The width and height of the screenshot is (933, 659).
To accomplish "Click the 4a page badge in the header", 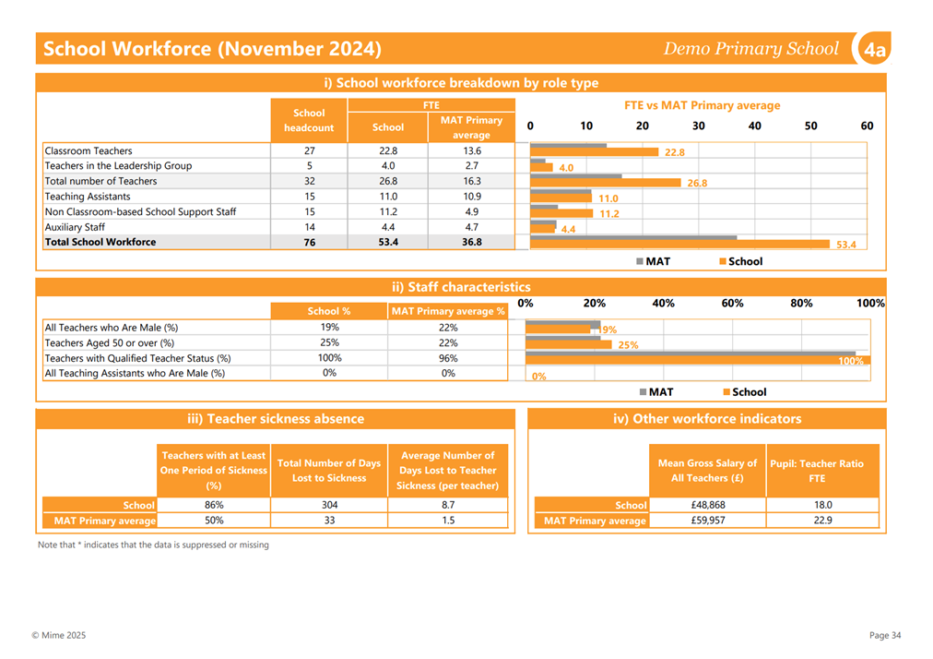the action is (874, 49).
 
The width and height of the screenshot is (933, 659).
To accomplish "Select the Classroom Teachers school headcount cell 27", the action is (310, 150).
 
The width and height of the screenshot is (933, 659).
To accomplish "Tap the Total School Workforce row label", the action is (100, 242).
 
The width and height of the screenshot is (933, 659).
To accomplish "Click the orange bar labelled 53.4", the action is (679, 245).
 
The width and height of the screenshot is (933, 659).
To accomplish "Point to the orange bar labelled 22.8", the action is (594, 152).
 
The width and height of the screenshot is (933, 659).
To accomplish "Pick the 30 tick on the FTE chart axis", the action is (699, 126).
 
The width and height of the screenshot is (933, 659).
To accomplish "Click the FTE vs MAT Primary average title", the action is (703, 105).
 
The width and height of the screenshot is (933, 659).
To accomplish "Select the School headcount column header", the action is (309, 120).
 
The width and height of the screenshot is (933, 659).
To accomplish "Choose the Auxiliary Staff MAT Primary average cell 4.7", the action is (472, 227).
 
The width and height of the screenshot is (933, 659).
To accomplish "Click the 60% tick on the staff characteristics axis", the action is (732, 304).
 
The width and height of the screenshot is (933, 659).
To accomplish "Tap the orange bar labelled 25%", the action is (568, 344).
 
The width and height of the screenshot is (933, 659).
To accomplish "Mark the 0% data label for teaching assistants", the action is (539, 377).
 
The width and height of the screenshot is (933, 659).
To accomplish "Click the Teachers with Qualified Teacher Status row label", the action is (138, 358).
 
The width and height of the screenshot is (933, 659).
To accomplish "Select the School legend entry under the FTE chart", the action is (741, 261).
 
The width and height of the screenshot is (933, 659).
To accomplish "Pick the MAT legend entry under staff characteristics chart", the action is (656, 392).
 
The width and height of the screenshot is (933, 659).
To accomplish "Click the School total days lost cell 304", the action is (329, 505).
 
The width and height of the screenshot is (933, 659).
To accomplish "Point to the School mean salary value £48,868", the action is (707, 505).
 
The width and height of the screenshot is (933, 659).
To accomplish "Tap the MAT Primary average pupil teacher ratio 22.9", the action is (823, 521).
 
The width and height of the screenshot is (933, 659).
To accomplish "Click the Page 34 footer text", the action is (885, 635).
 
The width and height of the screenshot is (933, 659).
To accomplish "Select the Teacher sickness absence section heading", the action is (276, 419).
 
